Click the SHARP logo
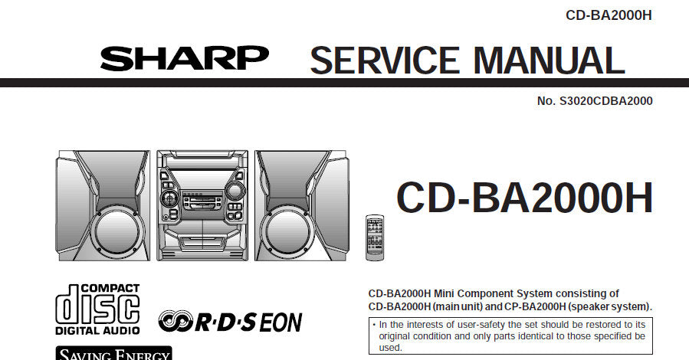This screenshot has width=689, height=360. pyautogui.click(x=185, y=58)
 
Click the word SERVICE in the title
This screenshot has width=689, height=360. pyautogui.click(x=385, y=61)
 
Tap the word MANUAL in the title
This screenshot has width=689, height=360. pyautogui.click(x=550, y=61)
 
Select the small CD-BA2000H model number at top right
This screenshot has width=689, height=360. pyautogui.click(x=609, y=15)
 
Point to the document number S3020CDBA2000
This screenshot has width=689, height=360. pyautogui.click(x=606, y=101)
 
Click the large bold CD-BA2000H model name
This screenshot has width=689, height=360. pyautogui.click(x=525, y=198)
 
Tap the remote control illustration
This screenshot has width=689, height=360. pyautogui.click(x=375, y=237)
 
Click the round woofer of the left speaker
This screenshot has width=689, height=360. pyautogui.click(x=117, y=231)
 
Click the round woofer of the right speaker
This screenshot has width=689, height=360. pyautogui.click(x=287, y=231)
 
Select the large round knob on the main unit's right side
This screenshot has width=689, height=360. pyautogui.click(x=235, y=191)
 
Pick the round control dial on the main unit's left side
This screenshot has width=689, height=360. pyautogui.click(x=169, y=198)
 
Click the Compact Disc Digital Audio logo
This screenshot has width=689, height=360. pyautogui.click(x=97, y=309)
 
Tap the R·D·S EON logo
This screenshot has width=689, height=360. pyautogui.click(x=230, y=322)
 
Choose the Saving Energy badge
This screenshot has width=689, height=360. pyautogui.click(x=113, y=353)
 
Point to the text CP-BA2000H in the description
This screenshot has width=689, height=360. pyautogui.click(x=535, y=306)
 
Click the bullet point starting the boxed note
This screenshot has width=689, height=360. pyautogui.click(x=373, y=325)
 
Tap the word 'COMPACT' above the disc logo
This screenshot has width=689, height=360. pyautogui.click(x=110, y=289)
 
